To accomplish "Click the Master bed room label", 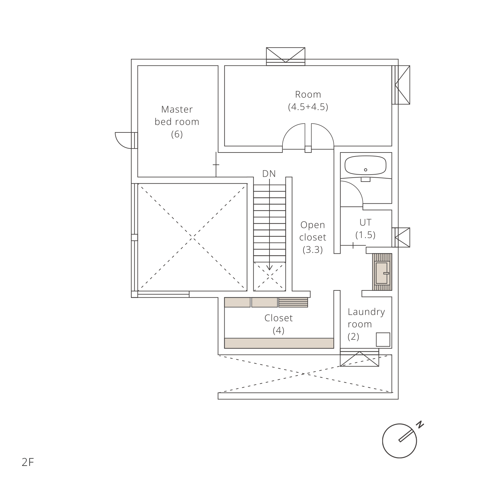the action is (177, 122).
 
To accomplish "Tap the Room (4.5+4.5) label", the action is (308, 101).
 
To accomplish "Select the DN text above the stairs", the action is (269, 174).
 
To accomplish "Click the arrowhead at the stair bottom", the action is (269, 268).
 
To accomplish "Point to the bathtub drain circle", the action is (366, 170).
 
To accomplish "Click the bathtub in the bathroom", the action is (366, 166).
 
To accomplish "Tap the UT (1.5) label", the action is (366, 229).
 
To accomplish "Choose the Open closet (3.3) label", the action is (313, 237).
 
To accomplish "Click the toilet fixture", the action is (382, 272).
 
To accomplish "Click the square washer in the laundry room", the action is (383, 339).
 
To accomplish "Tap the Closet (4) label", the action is (279, 324).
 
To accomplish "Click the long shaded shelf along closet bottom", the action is (279, 343).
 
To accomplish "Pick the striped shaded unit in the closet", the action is (293, 302).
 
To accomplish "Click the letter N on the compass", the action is (420, 425).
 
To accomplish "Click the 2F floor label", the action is (28, 462).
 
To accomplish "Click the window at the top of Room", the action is (286, 56).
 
